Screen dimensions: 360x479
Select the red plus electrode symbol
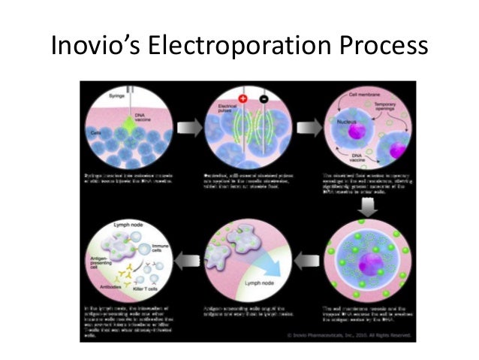click(x=243, y=98)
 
